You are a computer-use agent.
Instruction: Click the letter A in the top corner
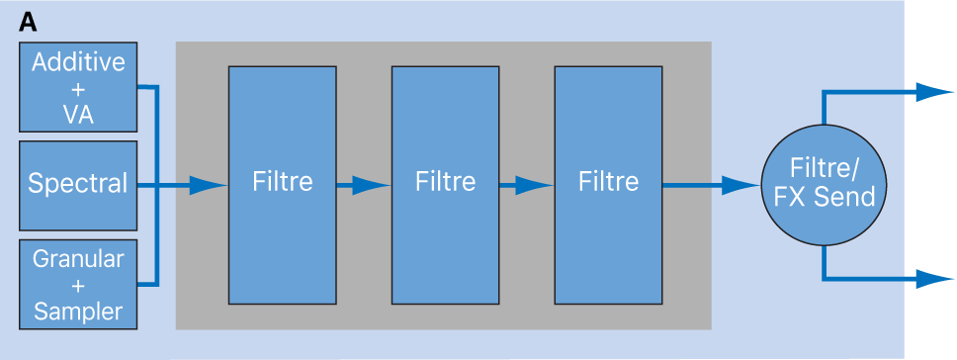[x=29, y=21]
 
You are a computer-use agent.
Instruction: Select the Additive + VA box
[x=79, y=88]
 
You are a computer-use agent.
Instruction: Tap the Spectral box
[x=79, y=184]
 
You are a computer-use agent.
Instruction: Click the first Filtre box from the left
[x=282, y=184]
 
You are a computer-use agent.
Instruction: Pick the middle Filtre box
[x=445, y=184]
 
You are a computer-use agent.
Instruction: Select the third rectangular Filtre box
[x=608, y=184]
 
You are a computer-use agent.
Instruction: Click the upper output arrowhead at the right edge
[x=935, y=92]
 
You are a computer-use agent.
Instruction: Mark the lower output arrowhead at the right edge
[x=935, y=279]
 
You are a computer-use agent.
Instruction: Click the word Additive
[x=79, y=62]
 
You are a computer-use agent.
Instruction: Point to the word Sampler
[x=79, y=312]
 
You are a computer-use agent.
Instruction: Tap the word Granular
[x=79, y=260]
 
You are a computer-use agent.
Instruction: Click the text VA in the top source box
[x=79, y=114]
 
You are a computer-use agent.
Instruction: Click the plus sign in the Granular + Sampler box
[x=79, y=286]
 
